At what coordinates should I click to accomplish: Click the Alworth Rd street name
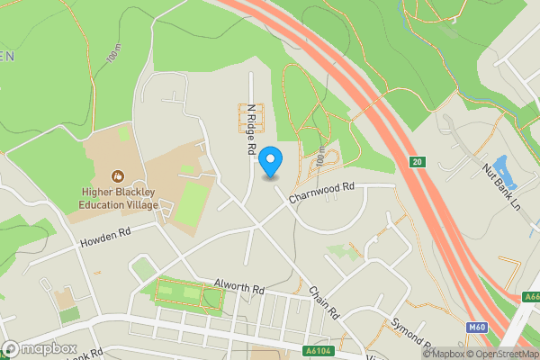pos(238,289)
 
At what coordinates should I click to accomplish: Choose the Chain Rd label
pos(323,302)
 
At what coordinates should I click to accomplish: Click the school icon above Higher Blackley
pos(117,175)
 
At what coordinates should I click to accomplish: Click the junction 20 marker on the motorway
pos(417,161)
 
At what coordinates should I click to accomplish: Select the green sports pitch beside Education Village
pos(191,203)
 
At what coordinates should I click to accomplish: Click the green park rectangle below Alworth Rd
pos(188,295)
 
